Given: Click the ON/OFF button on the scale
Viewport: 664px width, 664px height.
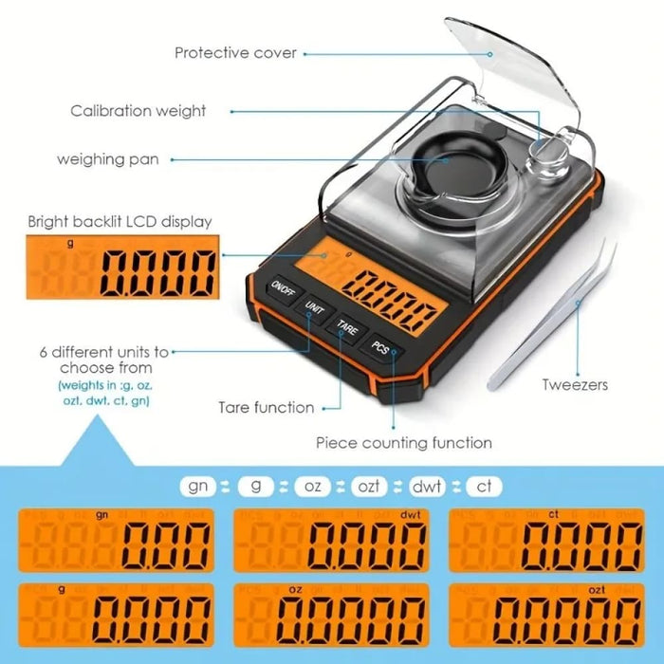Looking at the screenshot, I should (x=283, y=287).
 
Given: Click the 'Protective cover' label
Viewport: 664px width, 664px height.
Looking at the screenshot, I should (x=235, y=53).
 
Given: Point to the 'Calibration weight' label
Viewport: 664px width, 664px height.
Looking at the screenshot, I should (x=138, y=111).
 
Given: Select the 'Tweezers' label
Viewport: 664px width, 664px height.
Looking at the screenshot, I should (x=575, y=385).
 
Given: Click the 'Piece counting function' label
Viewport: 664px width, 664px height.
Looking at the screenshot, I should (x=404, y=442).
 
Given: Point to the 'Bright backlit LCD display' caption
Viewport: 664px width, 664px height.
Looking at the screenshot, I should (x=119, y=222).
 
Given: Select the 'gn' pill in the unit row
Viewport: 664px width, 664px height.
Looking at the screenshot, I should (x=200, y=486).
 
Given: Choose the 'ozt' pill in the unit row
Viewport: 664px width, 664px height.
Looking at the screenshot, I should (x=368, y=486).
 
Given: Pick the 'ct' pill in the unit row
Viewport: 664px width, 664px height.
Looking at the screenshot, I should (x=483, y=486).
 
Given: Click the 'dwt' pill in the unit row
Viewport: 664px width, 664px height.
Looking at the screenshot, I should (x=426, y=486).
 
